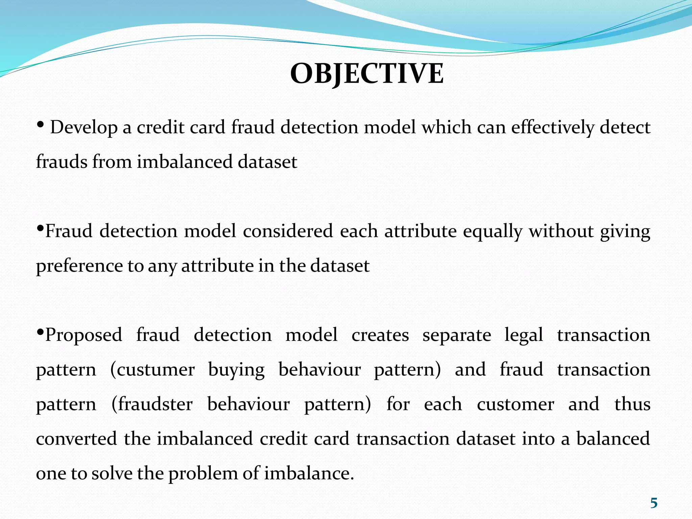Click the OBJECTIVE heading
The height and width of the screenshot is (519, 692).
pos(367,74)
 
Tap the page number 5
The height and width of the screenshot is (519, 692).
pos(654,503)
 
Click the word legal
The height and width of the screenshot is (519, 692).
pos(523,335)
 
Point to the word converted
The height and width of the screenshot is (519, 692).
pos(76,439)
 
